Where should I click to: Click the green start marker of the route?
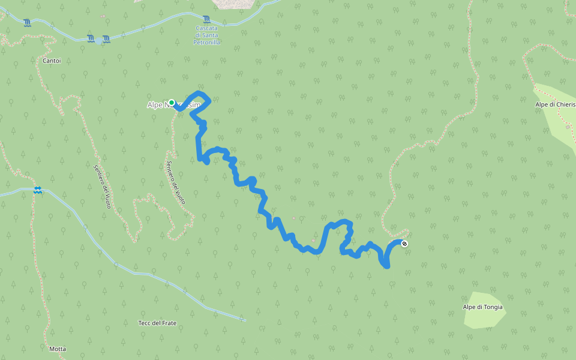click(172, 103)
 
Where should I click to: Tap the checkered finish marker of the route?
click(404, 243)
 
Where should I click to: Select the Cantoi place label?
click(52, 61)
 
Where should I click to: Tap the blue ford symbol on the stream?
click(38, 190)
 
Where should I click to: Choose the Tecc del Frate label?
click(157, 323)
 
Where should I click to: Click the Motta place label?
click(58, 349)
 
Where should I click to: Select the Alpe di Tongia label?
click(483, 307)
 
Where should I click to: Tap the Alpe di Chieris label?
click(555, 104)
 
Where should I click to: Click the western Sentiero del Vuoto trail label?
click(102, 186)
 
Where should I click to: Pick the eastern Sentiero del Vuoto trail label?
click(176, 183)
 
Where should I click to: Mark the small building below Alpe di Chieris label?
click(568, 127)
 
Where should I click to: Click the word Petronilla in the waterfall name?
click(207, 43)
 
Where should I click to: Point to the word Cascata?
click(207, 28)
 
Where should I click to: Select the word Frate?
click(169, 323)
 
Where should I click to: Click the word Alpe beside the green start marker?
click(155, 105)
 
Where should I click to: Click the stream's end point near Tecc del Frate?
click(245, 320)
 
